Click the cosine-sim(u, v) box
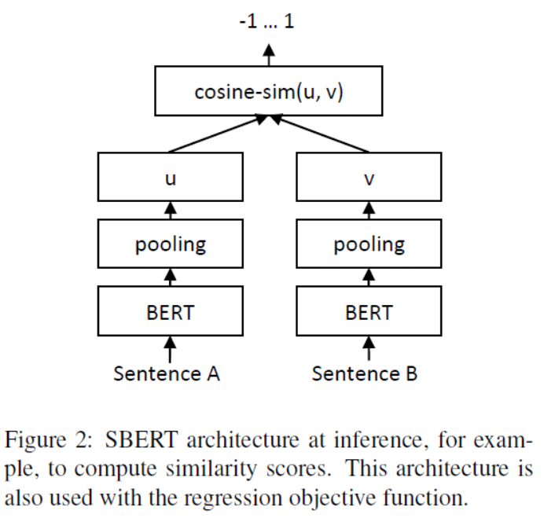(x=269, y=91)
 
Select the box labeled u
(x=171, y=177)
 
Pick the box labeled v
(x=369, y=177)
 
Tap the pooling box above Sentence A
(x=171, y=244)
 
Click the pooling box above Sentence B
(x=369, y=244)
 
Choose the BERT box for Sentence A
(x=171, y=310)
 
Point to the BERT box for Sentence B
(x=369, y=310)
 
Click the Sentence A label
(x=167, y=373)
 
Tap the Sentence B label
(x=364, y=373)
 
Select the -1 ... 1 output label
(x=266, y=21)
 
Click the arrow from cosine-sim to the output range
(x=269, y=55)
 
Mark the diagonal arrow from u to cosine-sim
(x=218, y=134)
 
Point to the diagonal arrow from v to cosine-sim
(x=319, y=134)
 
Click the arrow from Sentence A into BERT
(x=170, y=349)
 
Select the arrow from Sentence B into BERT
(x=369, y=349)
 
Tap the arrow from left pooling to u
(x=171, y=210)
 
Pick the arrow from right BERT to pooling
(x=369, y=277)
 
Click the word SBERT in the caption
(x=142, y=439)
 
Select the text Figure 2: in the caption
(x=49, y=441)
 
